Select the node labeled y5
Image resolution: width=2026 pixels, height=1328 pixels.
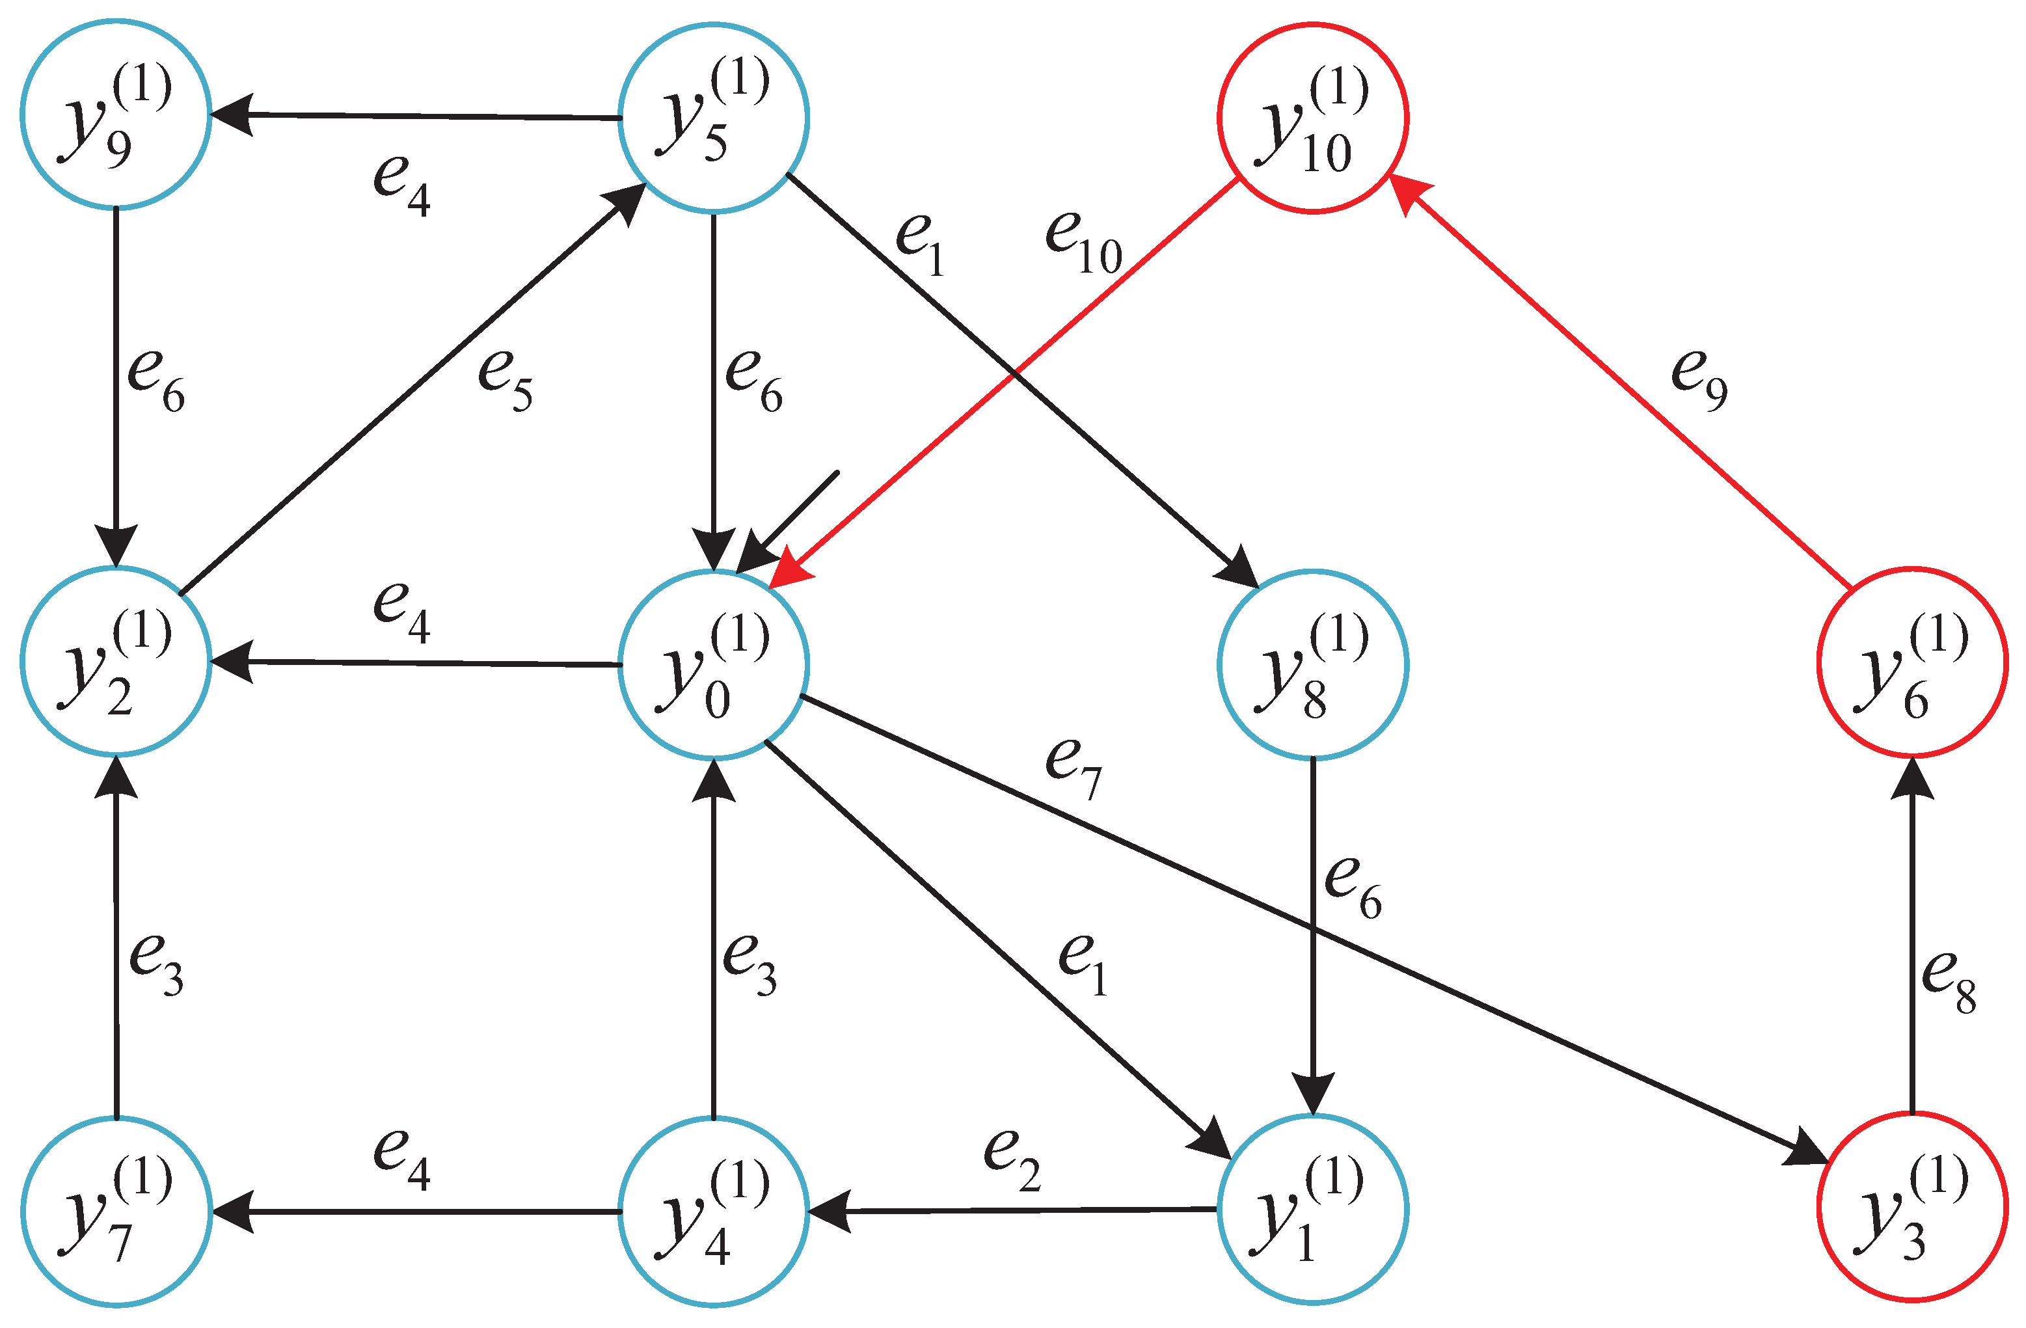(x=713, y=118)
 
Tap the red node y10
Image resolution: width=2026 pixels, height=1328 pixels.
(x=1313, y=118)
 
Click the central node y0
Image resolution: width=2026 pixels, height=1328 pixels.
(x=713, y=664)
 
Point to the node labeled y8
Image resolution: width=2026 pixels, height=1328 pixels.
(x=1313, y=664)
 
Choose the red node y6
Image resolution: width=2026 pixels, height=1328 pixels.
(x=1913, y=662)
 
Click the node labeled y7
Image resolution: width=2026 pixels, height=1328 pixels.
(x=116, y=1210)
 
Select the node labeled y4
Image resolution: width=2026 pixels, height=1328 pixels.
(x=713, y=1210)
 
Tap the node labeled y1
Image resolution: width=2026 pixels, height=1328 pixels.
(x=1313, y=1208)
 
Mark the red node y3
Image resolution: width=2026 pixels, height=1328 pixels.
(x=1913, y=1206)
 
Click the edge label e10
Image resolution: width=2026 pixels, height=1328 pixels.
(x=1083, y=243)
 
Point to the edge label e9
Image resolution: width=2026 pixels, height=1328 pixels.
(x=1698, y=381)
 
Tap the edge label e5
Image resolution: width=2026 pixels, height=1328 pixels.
(x=505, y=381)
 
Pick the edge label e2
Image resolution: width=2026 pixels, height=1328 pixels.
(x=1011, y=1160)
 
